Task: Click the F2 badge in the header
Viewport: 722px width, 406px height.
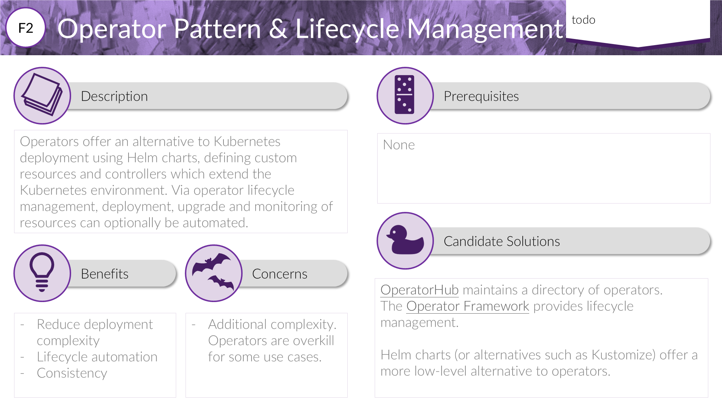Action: [x=26, y=28]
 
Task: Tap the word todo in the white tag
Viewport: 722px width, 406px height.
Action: [x=583, y=20]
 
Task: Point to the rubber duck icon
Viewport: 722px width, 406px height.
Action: [x=405, y=240]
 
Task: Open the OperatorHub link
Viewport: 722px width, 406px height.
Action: [x=419, y=290]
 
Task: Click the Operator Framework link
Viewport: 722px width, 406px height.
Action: [x=467, y=306]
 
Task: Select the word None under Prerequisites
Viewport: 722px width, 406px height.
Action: [x=399, y=145]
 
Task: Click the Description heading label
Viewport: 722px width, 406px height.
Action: [x=114, y=96]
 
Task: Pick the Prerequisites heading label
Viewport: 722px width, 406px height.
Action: [x=481, y=96]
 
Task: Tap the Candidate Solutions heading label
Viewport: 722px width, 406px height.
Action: [x=501, y=241]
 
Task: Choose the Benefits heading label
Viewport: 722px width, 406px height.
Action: [x=104, y=274]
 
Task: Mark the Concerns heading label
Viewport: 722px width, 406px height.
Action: [x=279, y=274]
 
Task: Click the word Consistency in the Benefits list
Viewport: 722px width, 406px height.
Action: [x=72, y=373]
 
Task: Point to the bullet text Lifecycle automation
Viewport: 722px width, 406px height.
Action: [x=97, y=357]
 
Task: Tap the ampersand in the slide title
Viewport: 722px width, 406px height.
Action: [x=278, y=29]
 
